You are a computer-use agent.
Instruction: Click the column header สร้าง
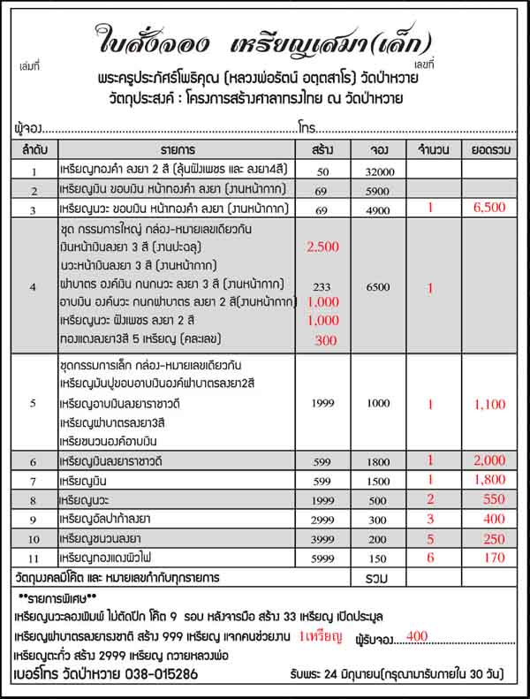tap(322, 148)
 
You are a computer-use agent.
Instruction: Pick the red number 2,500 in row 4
tap(322, 247)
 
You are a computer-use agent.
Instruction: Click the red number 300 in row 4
tap(325, 340)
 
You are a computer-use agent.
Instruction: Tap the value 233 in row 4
tap(322, 286)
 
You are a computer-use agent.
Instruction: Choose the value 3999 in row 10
tap(322, 538)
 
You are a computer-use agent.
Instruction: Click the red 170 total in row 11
tap(488, 558)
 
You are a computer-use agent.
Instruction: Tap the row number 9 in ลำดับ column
tap(34, 519)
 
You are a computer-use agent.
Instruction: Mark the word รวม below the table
tap(377, 577)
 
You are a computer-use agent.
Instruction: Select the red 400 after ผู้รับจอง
tap(417, 635)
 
